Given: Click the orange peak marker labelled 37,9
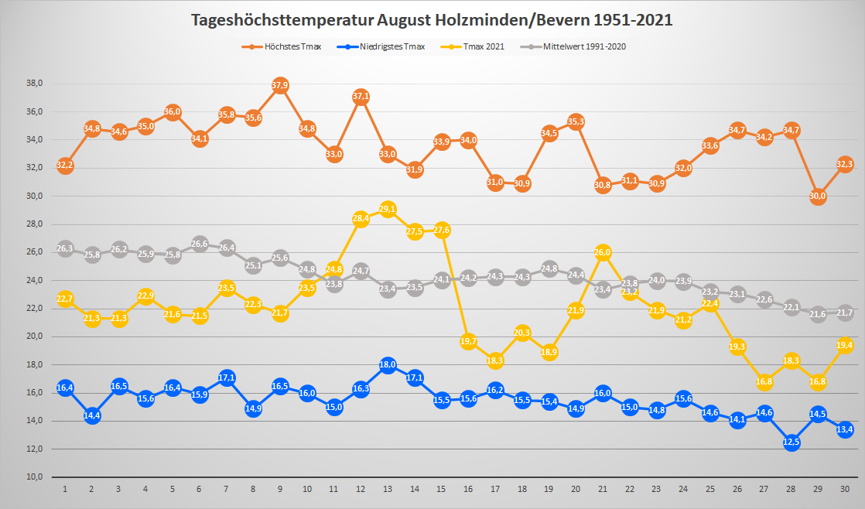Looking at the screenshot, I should (x=280, y=85).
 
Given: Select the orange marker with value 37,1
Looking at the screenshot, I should (x=361, y=97).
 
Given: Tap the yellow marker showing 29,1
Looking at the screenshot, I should (x=388, y=209).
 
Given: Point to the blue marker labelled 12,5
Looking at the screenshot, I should (x=791, y=442).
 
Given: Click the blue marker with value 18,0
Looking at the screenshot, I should (x=388, y=365).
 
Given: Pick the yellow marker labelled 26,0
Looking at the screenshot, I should (x=603, y=252).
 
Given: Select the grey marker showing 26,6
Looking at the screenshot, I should (x=200, y=244).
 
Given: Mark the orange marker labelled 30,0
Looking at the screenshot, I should (x=818, y=196).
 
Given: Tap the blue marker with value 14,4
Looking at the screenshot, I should (x=92, y=415).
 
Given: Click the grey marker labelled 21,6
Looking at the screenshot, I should (x=818, y=314).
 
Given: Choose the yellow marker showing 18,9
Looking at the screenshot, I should (x=549, y=352).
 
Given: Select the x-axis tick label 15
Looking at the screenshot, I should (x=442, y=489).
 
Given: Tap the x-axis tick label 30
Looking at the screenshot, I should (x=845, y=489).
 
